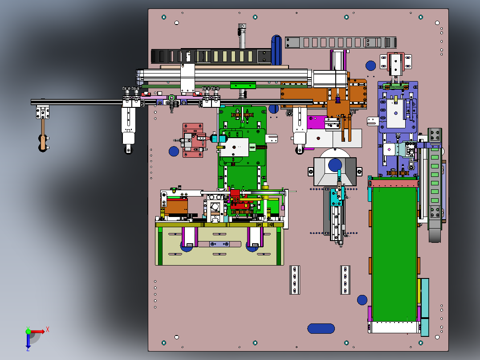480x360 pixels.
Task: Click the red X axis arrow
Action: [x=37, y=331]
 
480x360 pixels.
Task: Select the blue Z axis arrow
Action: [x=28, y=340]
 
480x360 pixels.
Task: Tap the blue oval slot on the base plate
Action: [x=321, y=328]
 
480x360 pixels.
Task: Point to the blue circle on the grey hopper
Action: [x=335, y=165]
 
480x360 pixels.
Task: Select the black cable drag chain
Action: [x=211, y=56]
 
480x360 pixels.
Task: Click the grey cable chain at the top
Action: [x=341, y=42]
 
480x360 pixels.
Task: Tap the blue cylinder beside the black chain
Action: [x=277, y=50]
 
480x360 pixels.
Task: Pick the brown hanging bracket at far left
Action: [x=43, y=135]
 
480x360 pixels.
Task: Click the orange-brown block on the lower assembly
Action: [x=175, y=207]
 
